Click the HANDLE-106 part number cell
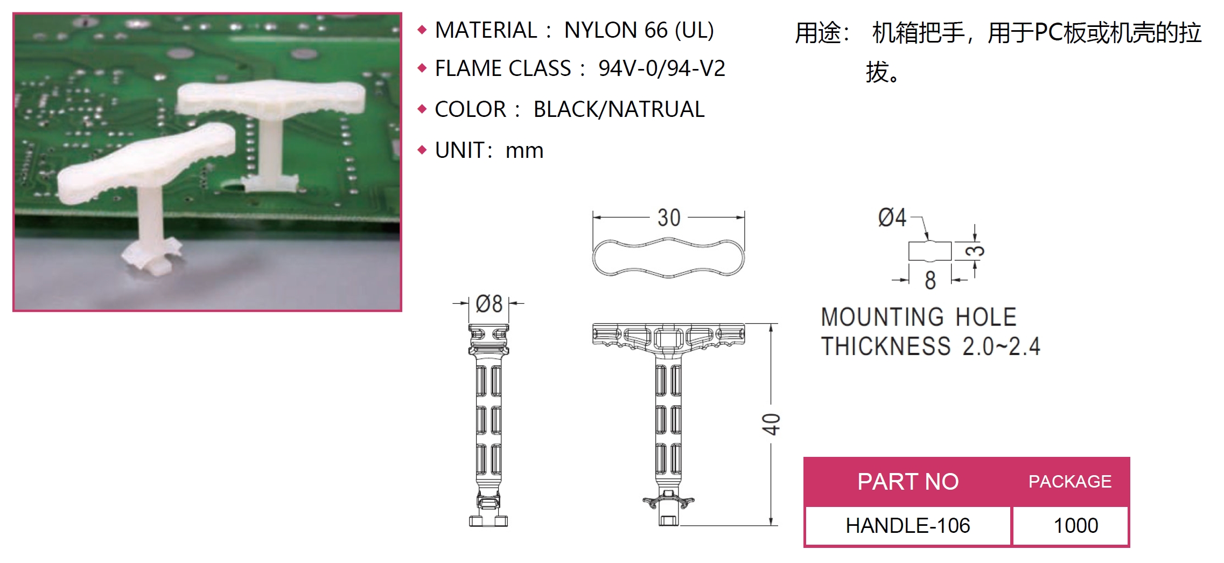click(x=908, y=525)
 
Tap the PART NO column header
click(x=908, y=481)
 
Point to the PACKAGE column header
click(x=1070, y=481)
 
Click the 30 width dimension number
click(x=669, y=218)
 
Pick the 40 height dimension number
click(x=771, y=424)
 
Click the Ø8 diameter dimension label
click(x=489, y=304)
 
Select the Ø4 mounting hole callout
click(x=892, y=217)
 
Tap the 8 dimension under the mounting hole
click(x=930, y=280)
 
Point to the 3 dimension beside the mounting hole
click(x=975, y=251)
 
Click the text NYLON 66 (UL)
click(x=639, y=30)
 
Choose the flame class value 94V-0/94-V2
click(x=662, y=68)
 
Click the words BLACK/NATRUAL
click(x=619, y=109)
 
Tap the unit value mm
click(x=524, y=150)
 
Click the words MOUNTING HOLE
click(x=919, y=317)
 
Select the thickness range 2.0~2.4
click(x=1002, y=346)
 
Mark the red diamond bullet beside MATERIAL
click(x=422, y=30)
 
